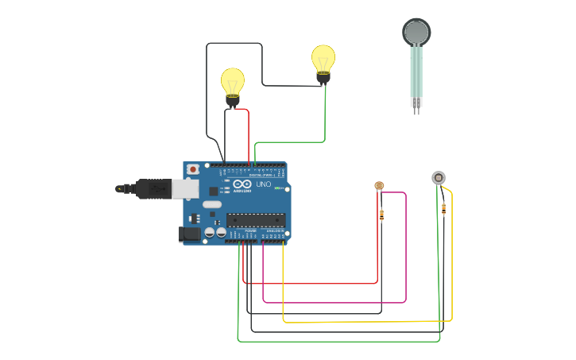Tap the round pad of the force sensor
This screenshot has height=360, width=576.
(x=416, y=32)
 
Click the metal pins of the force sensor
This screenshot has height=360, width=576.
(x=416, y=106)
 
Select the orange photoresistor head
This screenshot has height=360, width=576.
(x=379, y=186)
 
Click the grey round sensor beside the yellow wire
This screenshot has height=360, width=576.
(x=439, y=177)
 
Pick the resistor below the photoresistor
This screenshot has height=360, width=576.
(x=381, y=214)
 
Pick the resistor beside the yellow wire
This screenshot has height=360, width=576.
(x=443, y=209)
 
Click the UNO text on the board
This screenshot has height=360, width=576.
(x=263, y=184)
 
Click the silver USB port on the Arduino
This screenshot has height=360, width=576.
(x=185, y=188)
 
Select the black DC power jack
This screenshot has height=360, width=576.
(x=189, y=233)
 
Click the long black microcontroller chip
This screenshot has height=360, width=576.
(x=255, y=219)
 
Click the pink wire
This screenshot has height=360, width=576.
(x=406, y=254)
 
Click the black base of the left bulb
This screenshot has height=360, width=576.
(x=233, y=100)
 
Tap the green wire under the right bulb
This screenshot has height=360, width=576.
(x=325, y=119)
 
